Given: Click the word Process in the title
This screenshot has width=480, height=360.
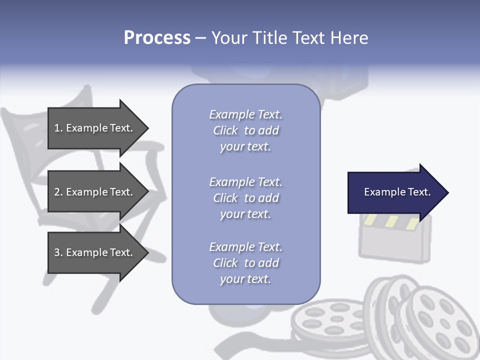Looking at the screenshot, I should pos(157,38).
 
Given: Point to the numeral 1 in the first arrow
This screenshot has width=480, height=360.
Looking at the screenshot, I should pos(57,128).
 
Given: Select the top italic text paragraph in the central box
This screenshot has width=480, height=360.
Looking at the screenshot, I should pos(245,130).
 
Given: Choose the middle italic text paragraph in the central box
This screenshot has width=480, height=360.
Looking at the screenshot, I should pos(245,198).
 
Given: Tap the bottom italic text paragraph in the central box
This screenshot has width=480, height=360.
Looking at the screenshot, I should pos(245,263).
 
